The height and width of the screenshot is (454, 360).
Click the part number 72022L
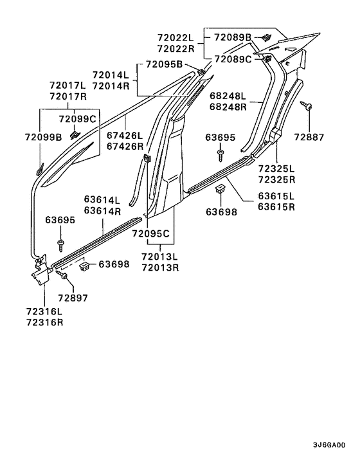coord(175,38)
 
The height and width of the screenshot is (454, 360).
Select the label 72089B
coord(233,37)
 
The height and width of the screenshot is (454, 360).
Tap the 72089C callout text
coord(233,59)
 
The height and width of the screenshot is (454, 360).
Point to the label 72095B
coord(164,64)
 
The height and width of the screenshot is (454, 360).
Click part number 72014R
coord(111,86)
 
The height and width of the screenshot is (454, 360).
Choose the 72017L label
coord(67,86)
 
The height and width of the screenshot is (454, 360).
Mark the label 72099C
coord(77,119)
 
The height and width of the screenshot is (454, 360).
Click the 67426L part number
coord(125,136)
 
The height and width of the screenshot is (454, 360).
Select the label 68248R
coord(228,107)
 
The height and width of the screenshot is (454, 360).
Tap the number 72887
coord(309,137)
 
